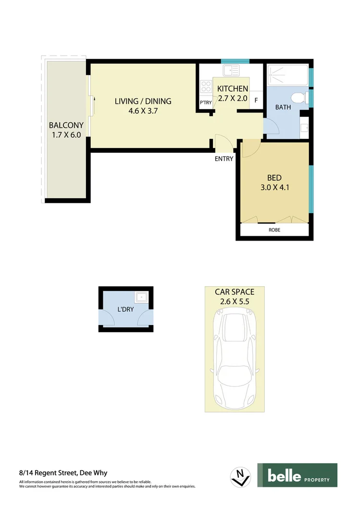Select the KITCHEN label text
click(x=233, y=89)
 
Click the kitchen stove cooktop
click(x=206, y=86)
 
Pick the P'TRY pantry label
click(x=206, y=103)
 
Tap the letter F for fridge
click(x=256, y=101)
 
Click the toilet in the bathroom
click(x=299, y=97)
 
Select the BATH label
click(x=283, y=107)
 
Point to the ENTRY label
click(x=224, y=159)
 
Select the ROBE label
click(x=274, y=230)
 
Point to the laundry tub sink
click(x=141, y=298)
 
